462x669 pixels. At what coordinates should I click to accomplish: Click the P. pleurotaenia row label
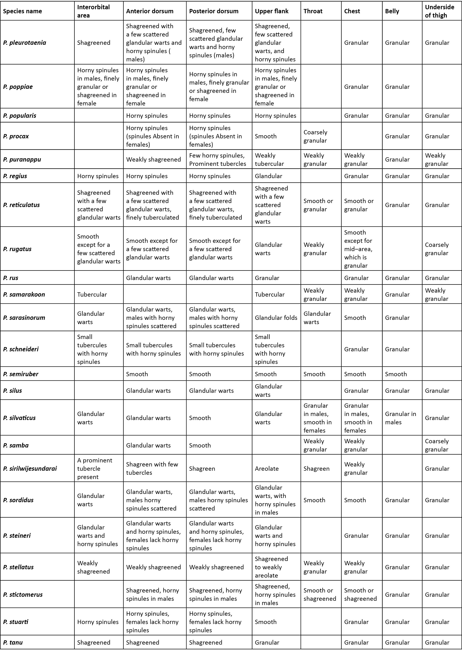pyautogui.click(x=25, y=43)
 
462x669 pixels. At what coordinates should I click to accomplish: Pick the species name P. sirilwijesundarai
pyautogui.click(x=30, y=469)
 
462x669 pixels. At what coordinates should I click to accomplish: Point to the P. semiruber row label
pyautogui.click(x=21, y=374)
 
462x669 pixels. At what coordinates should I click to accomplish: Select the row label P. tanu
pyautogui.click(x=13, y=642)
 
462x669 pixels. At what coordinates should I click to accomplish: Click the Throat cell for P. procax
pyautogui.click(x=315, y=136)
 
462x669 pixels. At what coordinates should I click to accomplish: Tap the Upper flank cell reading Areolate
pyautogui.click(x=267, y=469)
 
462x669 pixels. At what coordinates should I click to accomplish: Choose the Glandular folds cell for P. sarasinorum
pyautogui.click(x=276, y=318)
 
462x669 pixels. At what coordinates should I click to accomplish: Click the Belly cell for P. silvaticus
pyautogui.click(x=400, y=418)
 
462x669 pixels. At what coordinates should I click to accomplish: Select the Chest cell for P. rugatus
pyautogui.click(x=358, y=249)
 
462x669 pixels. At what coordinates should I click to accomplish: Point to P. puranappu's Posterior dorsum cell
pyautogui.click(x=217, y=159)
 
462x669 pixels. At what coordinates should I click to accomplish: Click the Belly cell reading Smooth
pyautogui.click(x=396, y=374)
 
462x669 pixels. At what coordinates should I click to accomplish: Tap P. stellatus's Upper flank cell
pyautogui.click(x=271, y=567)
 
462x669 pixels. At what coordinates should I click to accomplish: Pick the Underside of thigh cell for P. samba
pyautogui.click(x=436, y=445)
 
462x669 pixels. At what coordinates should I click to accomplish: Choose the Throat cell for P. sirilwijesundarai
pyautogui.click(x=316, y=469)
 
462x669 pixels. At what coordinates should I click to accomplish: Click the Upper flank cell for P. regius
pyautogui.click(x=268, y=176)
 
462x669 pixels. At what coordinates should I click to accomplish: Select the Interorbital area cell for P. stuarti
pyautogui.click(x=98, y=622)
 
